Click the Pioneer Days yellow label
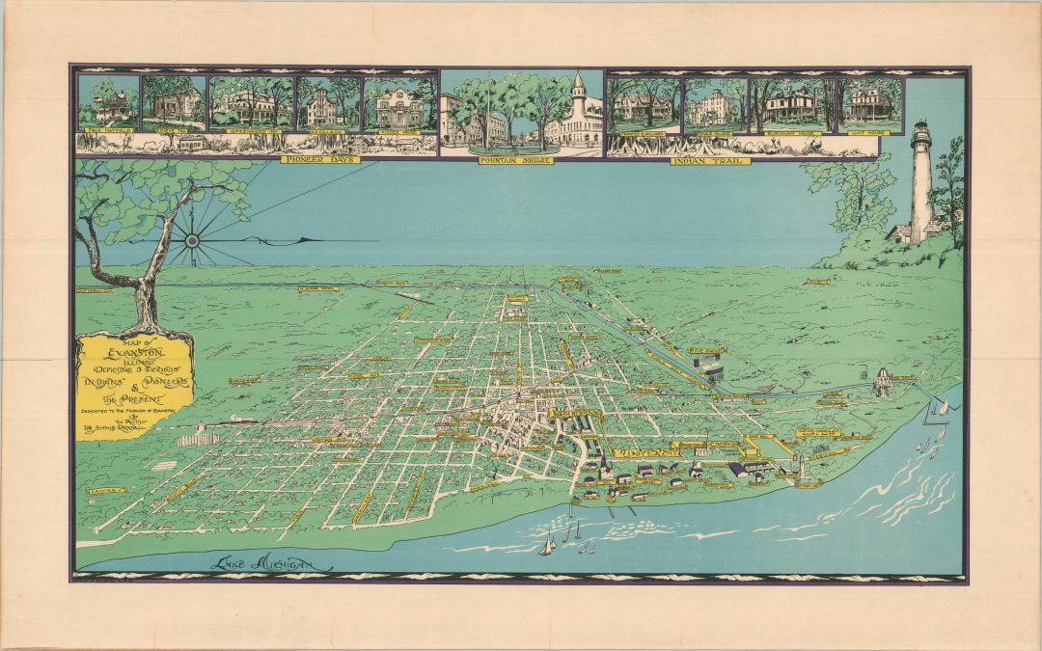320,159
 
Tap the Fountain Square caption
522,159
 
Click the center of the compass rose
191,239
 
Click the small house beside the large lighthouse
898,232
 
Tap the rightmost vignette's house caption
870,127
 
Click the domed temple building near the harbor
882,380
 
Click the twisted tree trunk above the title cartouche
145,299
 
